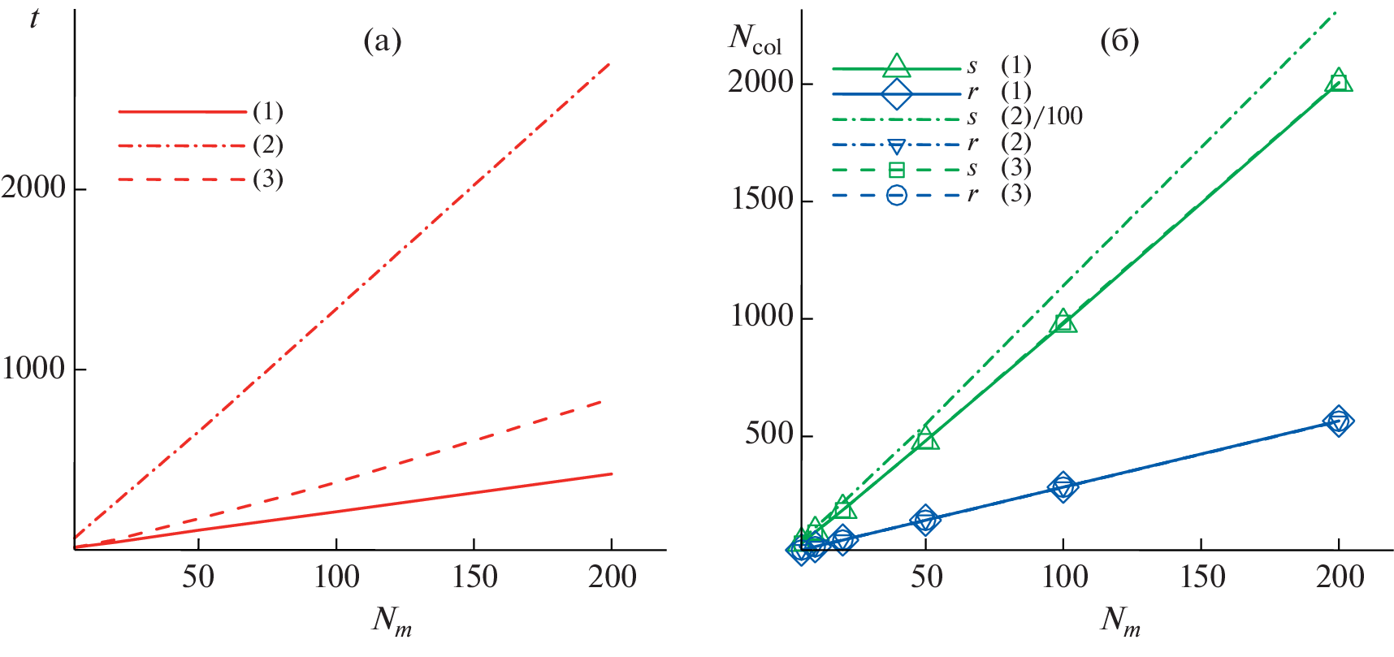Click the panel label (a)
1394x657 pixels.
coord(382,41)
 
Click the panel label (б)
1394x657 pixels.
coord(1119,41)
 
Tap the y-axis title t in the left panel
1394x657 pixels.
coord(34,18)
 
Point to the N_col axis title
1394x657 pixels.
coord(755,39)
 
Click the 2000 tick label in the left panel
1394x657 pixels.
coord(33,188)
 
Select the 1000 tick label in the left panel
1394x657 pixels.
coord(33,369)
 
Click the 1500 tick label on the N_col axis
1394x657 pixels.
coord(761,200)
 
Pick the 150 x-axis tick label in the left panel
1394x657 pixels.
coord(474,577)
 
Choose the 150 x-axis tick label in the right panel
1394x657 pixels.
coord(1201,577)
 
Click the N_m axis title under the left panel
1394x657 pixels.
coord(392,622)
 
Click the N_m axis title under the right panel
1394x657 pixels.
coord(1120,622)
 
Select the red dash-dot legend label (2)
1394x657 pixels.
coord(267,145)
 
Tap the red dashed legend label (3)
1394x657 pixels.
coord(267,179)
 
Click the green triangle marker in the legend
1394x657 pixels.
coord(896,67)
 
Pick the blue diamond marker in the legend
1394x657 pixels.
coord(896,94)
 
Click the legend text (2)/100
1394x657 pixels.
coord(1041,117)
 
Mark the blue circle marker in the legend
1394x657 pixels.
coord(896,195)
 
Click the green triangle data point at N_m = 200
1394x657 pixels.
coord(1339,81)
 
